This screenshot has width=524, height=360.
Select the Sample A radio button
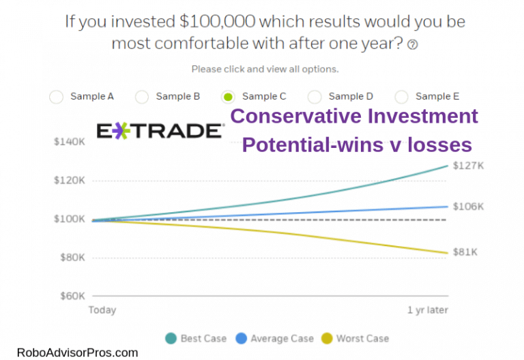click(57, 97)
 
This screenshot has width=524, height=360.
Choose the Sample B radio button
click(142, 97)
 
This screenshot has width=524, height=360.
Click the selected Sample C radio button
click(229, 97)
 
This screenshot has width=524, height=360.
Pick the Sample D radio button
click(315, 97)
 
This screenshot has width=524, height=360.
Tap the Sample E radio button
click(402, 97)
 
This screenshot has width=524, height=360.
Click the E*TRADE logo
click(160, 131)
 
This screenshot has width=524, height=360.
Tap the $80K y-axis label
click(71, 258)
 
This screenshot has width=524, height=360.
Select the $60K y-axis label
click(71, 296)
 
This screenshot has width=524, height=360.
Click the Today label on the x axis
click(102, 310)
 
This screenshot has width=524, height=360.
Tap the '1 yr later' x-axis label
click(428, 310)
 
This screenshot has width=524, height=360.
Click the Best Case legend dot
click(170, 338)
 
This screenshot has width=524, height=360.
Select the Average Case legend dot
click(241, 338)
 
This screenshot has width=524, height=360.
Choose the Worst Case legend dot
click(327, 338)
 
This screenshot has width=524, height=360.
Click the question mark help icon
click(411, 45)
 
